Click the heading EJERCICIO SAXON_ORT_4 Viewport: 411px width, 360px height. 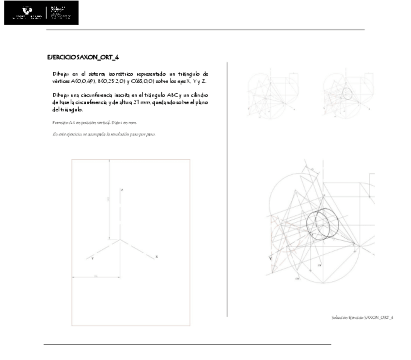pyautogui.click(x=83, y=58)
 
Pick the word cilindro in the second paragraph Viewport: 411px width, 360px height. pyautogui.click(x=200, y=95)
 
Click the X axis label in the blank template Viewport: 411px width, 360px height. pyautogui.click(x=156, y=256)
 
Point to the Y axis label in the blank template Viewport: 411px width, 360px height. pyautogui.click(x=92, y=259)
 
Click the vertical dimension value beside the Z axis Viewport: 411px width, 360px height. pyautogui.click(x=109, y=199)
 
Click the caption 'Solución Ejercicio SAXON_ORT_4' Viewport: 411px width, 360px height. pyautogui.click(x=362, y=317)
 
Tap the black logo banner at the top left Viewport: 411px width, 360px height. pyautogui.click(x=41, y=13)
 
